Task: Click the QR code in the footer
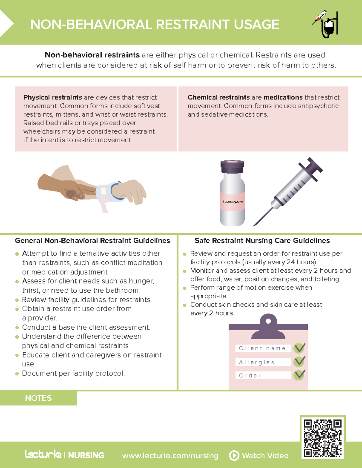(322, 438)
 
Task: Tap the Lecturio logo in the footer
(43, 454)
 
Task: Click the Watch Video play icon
(234, 455)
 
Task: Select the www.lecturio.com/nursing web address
(170, 456)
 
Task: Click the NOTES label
(38, 398)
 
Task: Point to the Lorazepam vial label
(232, 201)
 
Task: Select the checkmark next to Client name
(299, 348)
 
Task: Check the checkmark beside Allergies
(299, 362)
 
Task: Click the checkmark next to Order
(299, 375)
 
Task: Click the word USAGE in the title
(256, 25)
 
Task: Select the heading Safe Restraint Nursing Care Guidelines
(262, 240)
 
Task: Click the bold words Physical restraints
(52, 97)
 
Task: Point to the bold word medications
(283, 97)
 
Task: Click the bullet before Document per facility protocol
(17, 374)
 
